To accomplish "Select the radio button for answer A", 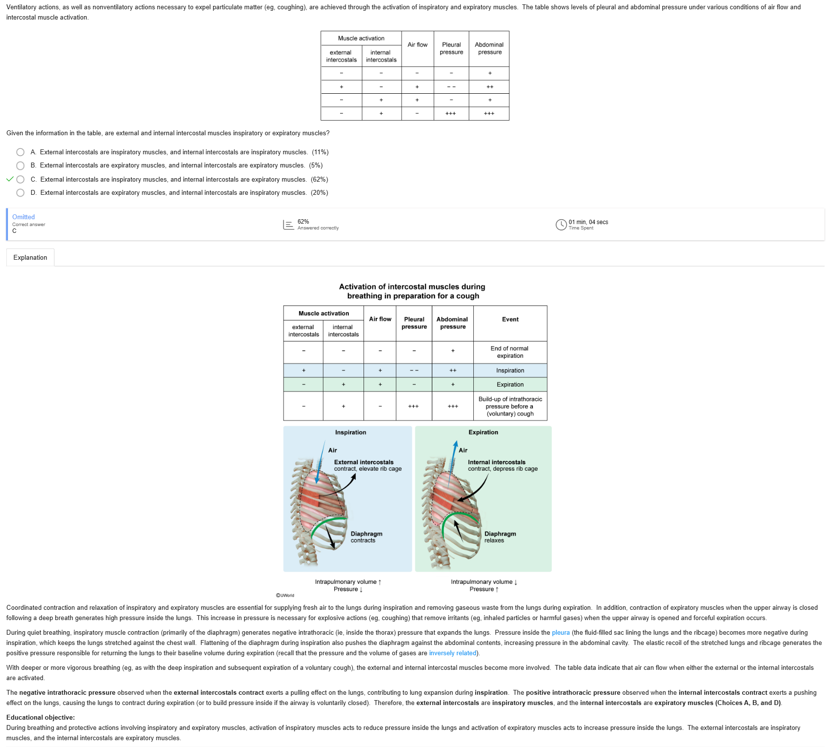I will pos(20,152).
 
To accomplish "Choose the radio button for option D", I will pos(20,193).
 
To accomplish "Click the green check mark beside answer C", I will pos(10,179).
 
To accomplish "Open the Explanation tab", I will pos(30,257).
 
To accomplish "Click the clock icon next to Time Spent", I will pos(561,225).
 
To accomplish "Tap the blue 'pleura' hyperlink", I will pos(561,633).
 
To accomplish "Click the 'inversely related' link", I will pos(452,653).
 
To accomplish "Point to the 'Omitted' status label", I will pos(23,217).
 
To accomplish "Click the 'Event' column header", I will pos(510,319).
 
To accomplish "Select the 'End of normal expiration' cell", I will pos(509,352).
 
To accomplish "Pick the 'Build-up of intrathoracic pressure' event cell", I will pos(510,406).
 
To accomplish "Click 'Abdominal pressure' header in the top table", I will pos(489,48).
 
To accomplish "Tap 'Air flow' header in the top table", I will pos(417,45).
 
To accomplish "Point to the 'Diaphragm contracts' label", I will pos(366,537).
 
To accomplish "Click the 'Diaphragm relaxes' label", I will pos(500,537).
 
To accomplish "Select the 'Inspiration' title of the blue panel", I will pos(350,433).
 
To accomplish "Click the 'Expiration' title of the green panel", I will pos(483,433).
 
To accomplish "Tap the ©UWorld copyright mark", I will pos(285,596).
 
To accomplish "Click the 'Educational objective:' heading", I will pos(40,718).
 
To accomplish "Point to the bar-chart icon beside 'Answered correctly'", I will pos(288,225).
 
